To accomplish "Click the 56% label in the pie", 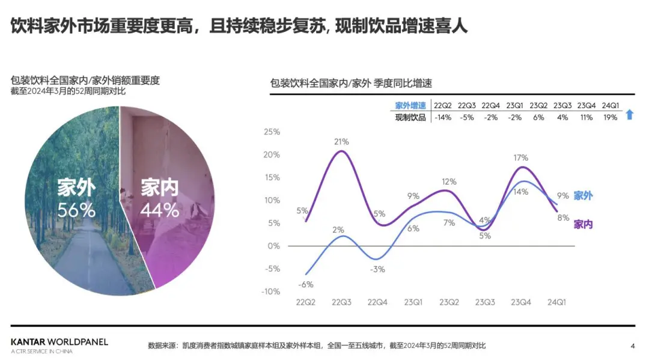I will [76, 210].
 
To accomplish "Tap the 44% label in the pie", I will [159, 210].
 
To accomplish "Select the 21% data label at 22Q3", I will [342, 142].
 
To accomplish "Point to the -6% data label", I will [306, 284].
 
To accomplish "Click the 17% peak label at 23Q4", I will [520, 157].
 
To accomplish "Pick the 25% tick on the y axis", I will [272, 132].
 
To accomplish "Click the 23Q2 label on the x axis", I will [449, 302].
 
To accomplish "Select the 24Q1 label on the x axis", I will [555, 302].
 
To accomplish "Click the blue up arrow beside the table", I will [630, 114].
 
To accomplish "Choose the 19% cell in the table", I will [610, 118].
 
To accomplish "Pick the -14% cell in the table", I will [442, 118].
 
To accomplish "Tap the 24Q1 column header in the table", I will [610, 106].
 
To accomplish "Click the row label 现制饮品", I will [410, 118].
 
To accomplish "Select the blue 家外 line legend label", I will [583, 196].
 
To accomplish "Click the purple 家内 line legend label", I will [583, 224].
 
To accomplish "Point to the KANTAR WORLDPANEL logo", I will [59, 343].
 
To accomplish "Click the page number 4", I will [632, 346].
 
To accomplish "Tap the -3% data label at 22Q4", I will [377, 269].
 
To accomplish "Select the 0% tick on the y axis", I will [274, 246].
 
